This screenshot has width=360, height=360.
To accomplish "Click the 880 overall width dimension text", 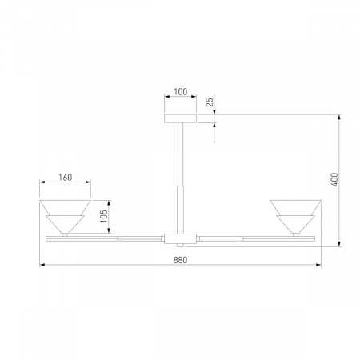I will pos(179,259).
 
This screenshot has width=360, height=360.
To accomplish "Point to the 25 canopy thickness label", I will pos(210,103).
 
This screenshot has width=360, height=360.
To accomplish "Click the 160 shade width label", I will pos(66,178).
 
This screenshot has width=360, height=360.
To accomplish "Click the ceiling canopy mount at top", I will pos(180,117).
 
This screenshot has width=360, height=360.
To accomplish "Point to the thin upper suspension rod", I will pos(180,152).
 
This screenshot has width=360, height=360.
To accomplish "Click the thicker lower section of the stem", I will pos(179,208).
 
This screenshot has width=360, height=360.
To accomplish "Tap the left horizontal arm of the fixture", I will pos(104,238).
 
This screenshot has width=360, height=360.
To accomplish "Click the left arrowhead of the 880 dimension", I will pos(42,266).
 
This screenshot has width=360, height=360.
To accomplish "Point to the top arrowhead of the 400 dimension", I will pos(342,118).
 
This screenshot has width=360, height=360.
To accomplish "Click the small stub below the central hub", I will pos(179,245).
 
